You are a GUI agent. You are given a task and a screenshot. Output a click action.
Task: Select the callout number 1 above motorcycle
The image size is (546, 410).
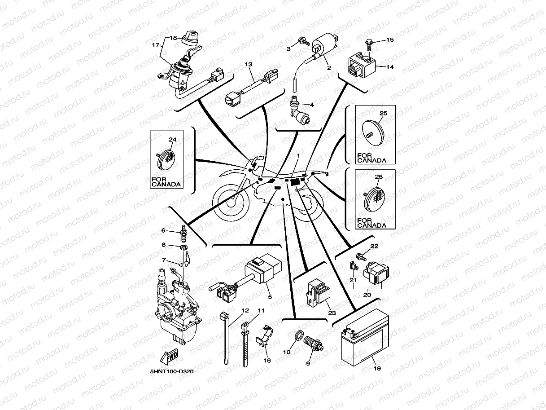297,155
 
